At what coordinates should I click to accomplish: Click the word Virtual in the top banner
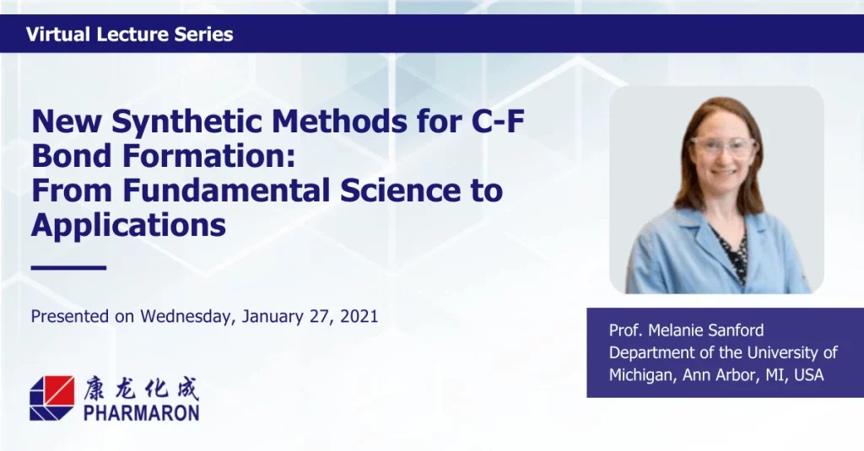(x=58, y=35)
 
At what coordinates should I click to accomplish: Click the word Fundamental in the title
(x=226, y=190)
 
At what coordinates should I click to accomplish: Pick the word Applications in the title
(x=128, y=225)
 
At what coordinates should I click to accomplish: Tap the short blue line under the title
(x=68, y=267)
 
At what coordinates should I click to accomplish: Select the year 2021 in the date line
(x=359, y=317)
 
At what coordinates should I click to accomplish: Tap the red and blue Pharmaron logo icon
(x=51, y=398)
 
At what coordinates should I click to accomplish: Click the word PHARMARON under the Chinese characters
(x=142, y=412)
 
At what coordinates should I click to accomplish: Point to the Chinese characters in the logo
(x=141, y=389)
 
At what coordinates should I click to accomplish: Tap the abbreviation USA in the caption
(x=809, y=375)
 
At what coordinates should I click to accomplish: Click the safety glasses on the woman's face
(x=722, y=147)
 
